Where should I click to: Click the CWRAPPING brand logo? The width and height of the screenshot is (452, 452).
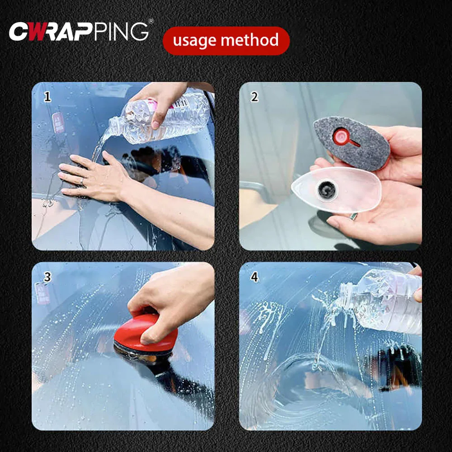click(79, 32)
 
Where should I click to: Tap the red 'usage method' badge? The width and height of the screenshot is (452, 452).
click(226, 41)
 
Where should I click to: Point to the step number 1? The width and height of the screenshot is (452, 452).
click(47, 97)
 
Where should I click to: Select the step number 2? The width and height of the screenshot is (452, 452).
click(254, 97)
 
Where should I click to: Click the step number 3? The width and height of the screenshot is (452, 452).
click(47, 277)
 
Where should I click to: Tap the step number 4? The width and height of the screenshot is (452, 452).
click(254, 277)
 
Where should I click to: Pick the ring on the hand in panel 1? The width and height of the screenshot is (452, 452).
click(82, 181)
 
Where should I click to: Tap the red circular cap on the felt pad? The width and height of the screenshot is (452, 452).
click(341, 137)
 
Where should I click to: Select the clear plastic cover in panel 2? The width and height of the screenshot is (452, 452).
click(336, 190)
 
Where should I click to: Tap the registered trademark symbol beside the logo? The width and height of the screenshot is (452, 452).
click(151, 21)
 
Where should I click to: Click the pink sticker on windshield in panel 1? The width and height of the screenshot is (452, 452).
click(58, 123)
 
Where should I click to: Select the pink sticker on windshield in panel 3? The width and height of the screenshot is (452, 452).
click(42, 293)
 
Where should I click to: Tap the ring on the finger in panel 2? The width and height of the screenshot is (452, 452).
click(354, 217)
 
